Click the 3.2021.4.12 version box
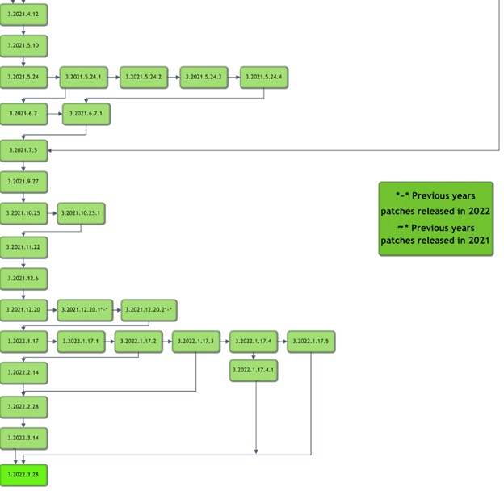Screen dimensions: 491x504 [23, 15]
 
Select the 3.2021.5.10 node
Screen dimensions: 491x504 [23, 45]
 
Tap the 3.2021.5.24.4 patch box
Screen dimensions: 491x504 [263, 77]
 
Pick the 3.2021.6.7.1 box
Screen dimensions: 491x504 [86, 115]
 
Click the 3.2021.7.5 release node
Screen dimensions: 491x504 [23, 150]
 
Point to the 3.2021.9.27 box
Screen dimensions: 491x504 [23, 182]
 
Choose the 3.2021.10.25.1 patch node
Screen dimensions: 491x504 [82, 213]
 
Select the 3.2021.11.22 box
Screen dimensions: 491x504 [23, 246]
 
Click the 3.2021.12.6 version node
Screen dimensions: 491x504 [23, 278]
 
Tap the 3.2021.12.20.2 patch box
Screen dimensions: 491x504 [149, 309]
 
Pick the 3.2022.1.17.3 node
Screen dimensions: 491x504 [196, 342]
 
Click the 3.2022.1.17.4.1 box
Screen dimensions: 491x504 [254, 370]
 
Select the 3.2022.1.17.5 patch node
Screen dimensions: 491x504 [311, 342]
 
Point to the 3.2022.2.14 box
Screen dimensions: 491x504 [23, 373]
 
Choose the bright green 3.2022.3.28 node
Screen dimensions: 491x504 [23, 475]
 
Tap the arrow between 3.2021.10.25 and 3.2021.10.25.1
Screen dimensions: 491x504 [52, 213]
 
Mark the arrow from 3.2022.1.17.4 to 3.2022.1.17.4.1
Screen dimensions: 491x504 [254, 355]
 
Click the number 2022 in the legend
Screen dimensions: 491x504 [479, 211]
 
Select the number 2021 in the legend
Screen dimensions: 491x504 [479, 240]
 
